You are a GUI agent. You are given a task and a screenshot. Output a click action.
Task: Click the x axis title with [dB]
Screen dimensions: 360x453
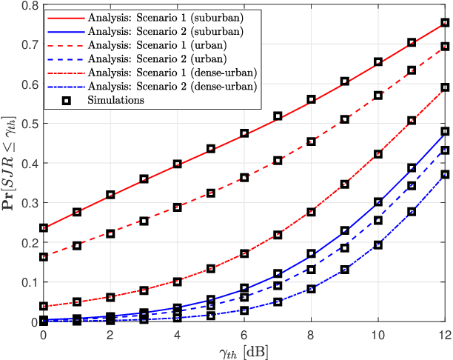click(244, 350)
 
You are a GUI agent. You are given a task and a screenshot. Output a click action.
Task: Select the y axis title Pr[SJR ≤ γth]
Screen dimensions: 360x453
click(10, 163)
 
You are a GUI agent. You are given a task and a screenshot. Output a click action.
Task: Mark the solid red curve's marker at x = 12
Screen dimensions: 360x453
click(445, 23)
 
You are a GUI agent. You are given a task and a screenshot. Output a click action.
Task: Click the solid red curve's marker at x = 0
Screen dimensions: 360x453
click(43, 228)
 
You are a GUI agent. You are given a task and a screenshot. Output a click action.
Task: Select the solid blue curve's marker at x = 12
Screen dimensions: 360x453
click(445, 132)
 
